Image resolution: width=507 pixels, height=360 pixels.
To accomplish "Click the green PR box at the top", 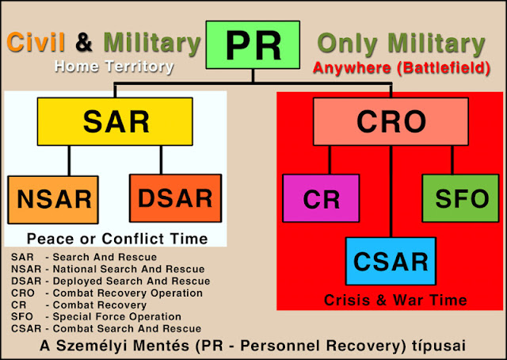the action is pos(253,45).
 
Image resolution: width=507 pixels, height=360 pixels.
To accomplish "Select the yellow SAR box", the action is pos(115,121).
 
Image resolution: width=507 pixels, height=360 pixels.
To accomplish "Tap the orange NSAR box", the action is pos(53,200).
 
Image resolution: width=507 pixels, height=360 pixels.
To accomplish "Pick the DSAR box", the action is pos(176,198).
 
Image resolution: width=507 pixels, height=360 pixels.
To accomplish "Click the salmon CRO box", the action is pos(391,121).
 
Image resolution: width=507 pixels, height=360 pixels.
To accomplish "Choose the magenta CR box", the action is pos(321,198).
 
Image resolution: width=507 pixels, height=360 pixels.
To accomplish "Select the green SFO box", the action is pos(461,198).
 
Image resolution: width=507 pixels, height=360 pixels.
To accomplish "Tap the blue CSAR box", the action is pos(391,261).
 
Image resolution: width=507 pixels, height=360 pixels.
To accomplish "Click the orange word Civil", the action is pos(36,42).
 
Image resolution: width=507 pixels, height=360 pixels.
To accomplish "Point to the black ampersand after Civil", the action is pos(84,42).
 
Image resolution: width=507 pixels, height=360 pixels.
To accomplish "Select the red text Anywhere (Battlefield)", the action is pos(402,68).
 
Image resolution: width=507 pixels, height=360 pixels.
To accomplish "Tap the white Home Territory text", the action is pos(114,67).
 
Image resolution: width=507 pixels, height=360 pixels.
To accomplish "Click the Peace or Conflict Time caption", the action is pos(117,239).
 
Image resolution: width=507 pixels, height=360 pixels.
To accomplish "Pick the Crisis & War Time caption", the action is pos(395,300).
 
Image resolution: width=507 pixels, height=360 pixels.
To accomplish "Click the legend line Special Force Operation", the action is pos(96,316).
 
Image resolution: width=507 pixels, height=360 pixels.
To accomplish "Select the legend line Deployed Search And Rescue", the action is pos(111,281).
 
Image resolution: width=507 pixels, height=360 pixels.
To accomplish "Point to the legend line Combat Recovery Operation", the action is pos(107,293).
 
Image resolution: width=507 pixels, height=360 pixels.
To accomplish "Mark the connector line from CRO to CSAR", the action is pos(391,191).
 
